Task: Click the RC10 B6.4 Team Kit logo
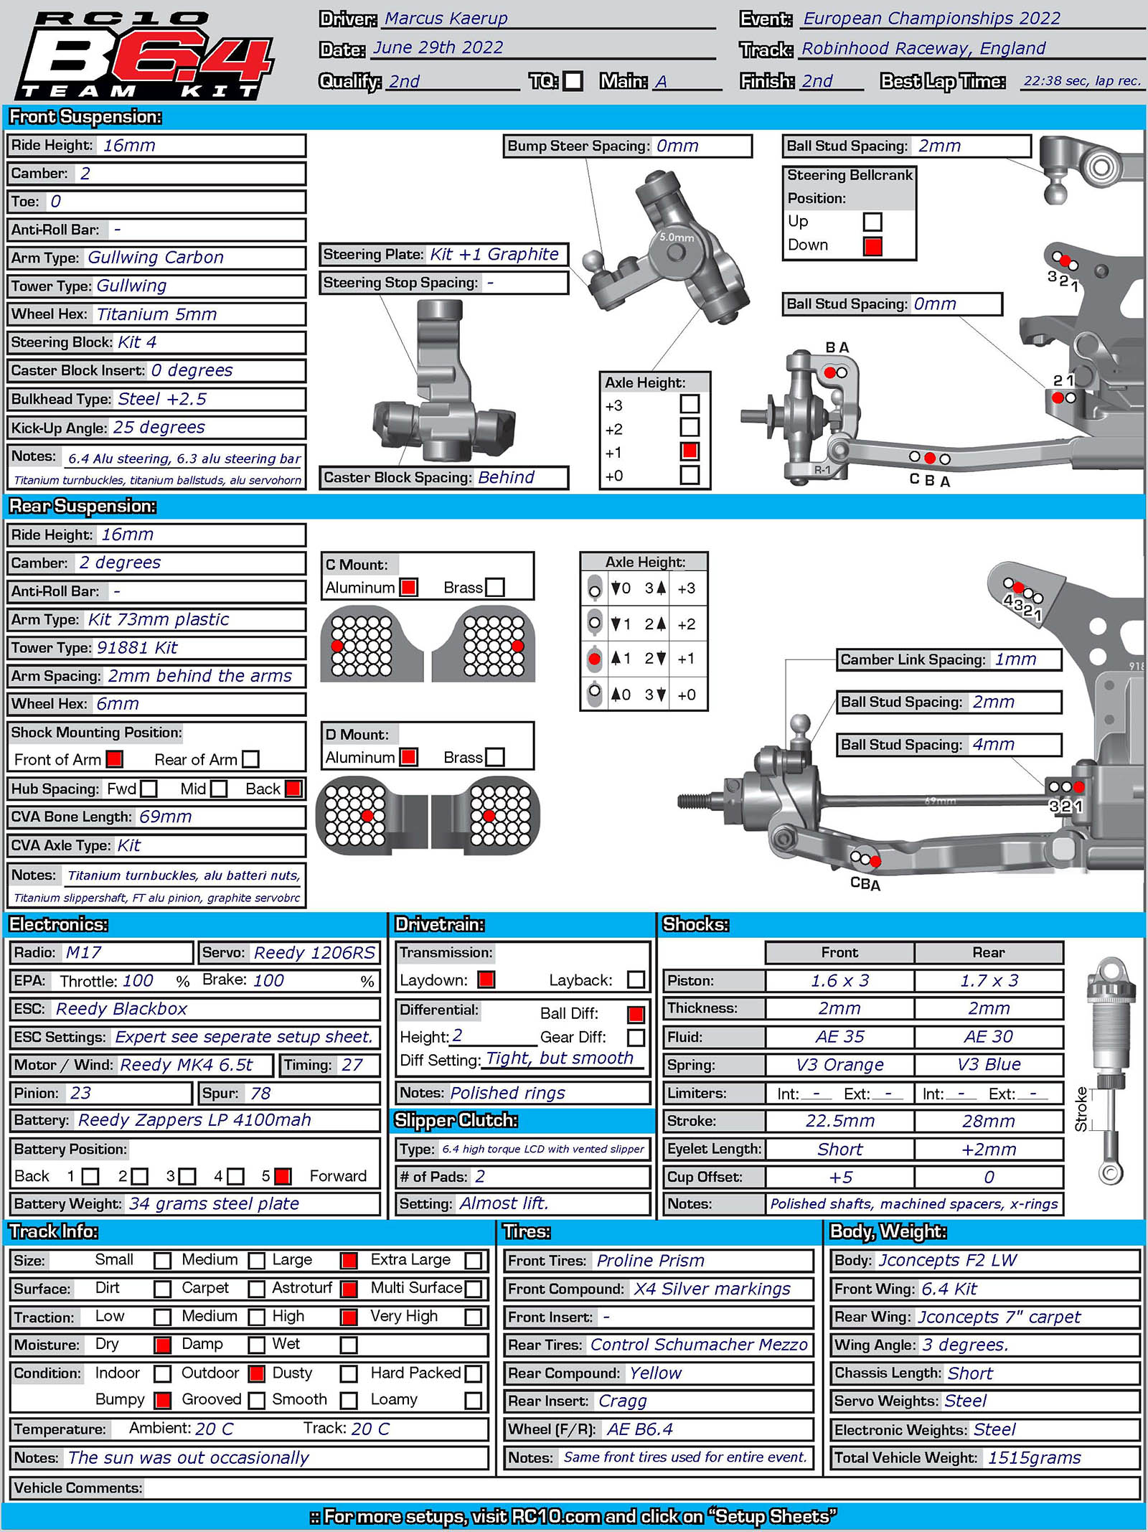[143, 56]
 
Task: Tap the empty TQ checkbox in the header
[573, 80]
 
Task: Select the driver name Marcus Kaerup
[446, 19]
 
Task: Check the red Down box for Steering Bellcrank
[872, 246]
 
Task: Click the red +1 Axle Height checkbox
[690, 451]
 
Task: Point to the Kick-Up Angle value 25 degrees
[159, 428]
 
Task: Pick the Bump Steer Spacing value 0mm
[677, 146]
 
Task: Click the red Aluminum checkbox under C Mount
[409, 587]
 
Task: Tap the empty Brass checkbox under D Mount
[495, 757]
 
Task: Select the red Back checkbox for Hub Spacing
[293, 789]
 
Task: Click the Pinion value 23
[80, 1093]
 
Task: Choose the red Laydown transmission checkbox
[486, 979]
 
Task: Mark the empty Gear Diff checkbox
[636, 1037]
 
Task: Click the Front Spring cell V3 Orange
[839, 1065]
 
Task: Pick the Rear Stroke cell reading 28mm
[988, 1121]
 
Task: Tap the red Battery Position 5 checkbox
[283, 1176]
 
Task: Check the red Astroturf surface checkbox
[349, 1289]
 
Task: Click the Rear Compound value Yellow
[656, 1373]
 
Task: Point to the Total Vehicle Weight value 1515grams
[1034, 1457]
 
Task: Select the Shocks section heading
[695, 924]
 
